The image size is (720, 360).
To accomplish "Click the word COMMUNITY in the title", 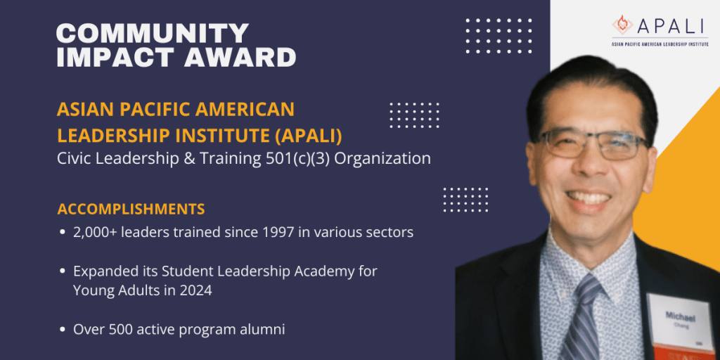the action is (x=153, y=34).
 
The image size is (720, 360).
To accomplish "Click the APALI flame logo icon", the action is (x=622, y=25).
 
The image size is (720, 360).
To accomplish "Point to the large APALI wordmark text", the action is (x=671, y=26).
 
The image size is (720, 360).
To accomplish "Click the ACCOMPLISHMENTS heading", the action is (x=131, y=209).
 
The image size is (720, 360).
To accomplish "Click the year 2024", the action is (x=197, y=291).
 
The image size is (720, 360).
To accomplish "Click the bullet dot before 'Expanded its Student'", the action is (x=63, y=271).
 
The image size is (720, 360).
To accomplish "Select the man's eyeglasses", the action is (x=593, y=144).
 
